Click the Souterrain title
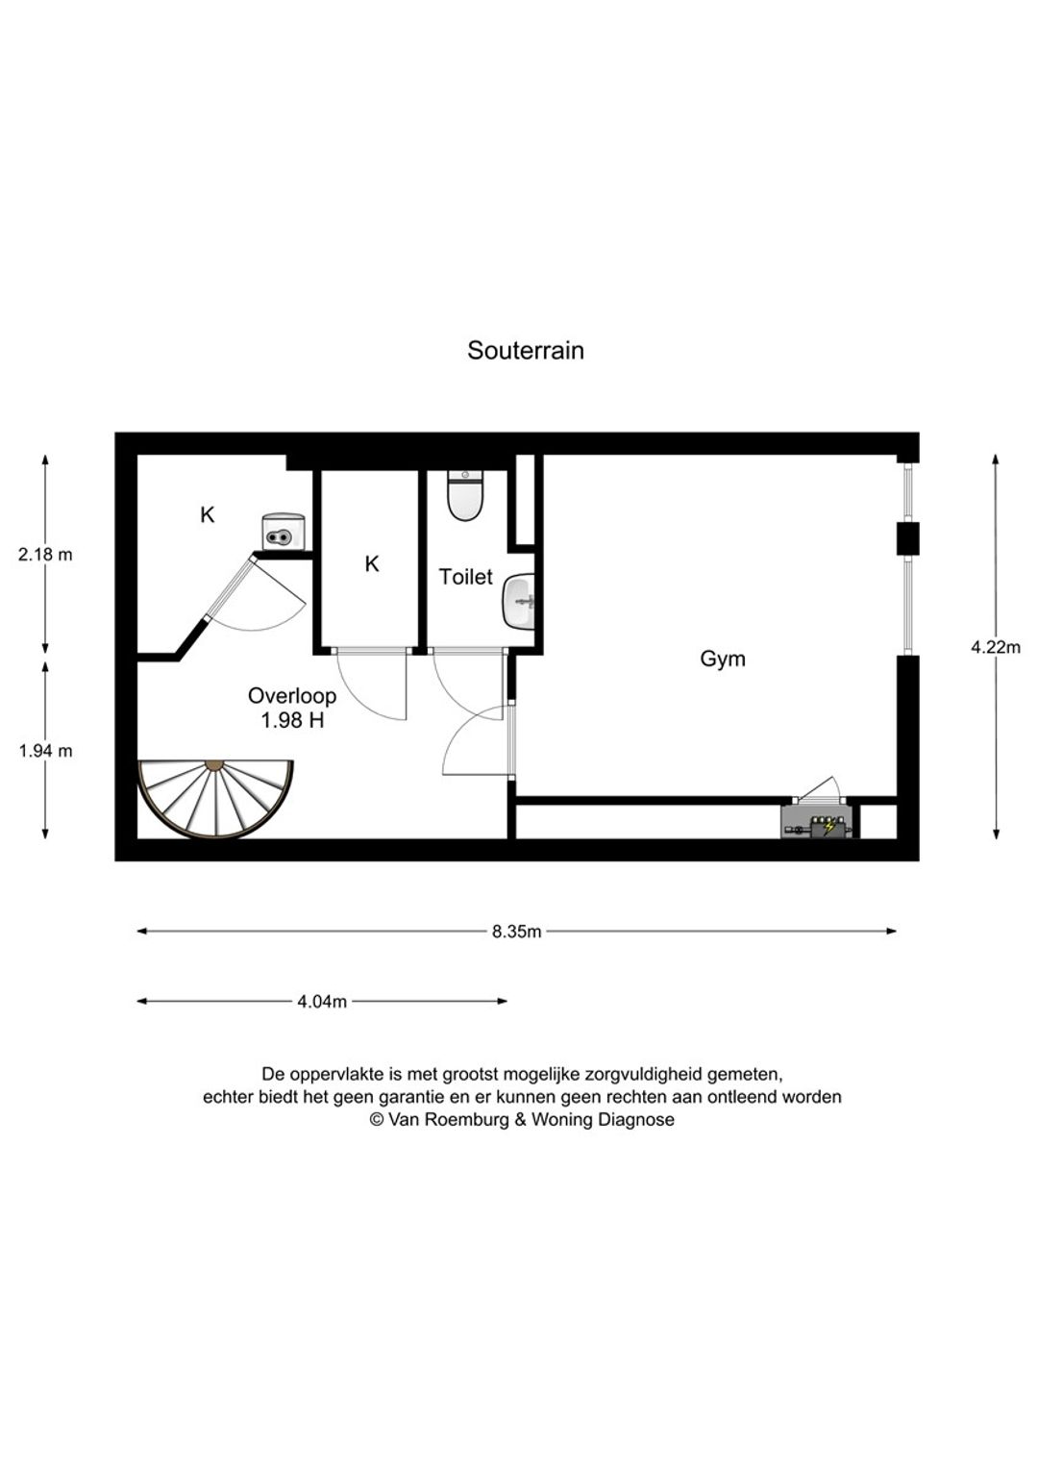(x=525, y=350)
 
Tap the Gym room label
(x=723, y=659)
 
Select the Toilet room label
(x=465, y=577)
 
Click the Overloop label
(x=292, y=695)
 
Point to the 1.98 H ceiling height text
(x=292, y=721)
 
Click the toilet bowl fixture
(x=465, y=496)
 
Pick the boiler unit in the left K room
(x=284, y=532)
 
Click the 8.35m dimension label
(x=517, y=932)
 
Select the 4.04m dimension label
(x=322, y=1002)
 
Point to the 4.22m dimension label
(x=996, y=647)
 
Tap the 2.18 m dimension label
(x=45, y=555)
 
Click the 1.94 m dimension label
(x=45, y=751)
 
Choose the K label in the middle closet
(x=372, y=563)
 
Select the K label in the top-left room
(x=208, y=514)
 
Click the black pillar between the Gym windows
(x=907, y=539)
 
